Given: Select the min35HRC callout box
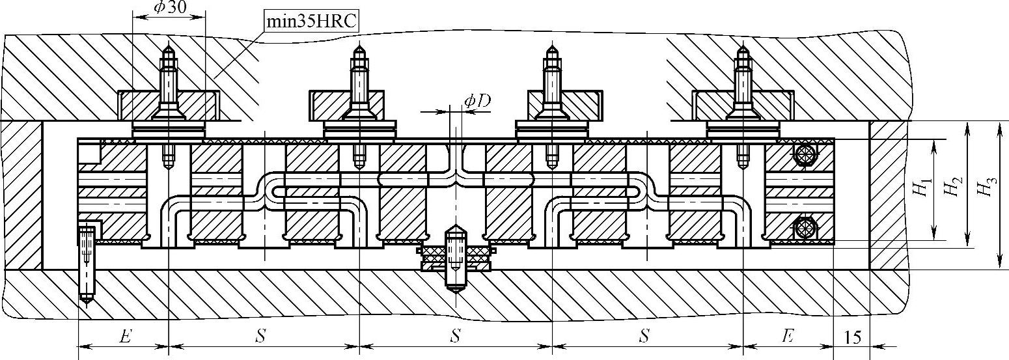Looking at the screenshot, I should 312,21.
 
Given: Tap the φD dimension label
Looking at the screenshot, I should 477,101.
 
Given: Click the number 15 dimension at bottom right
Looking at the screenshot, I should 851,337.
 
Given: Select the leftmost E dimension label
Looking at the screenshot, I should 125,337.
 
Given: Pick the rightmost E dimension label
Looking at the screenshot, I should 788,337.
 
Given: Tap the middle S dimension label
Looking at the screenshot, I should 456,337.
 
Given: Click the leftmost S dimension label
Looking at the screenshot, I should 260,337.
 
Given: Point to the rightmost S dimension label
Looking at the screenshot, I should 644,337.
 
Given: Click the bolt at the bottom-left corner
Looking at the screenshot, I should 86,264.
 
